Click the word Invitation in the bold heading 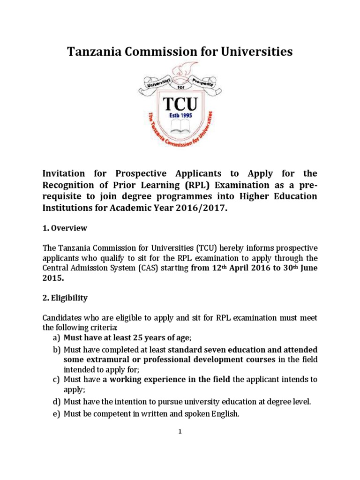click(x=68, y=174)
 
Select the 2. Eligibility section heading click(x=65, y=298)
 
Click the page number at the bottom click(x=180, y=432)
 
